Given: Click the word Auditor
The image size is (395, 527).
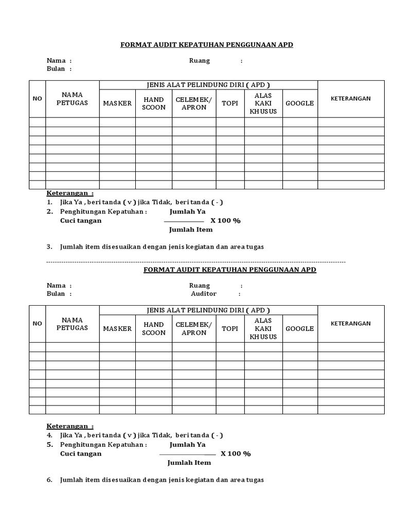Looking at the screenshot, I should coord(204,294).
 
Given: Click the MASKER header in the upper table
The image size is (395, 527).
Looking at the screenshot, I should coord(117,103).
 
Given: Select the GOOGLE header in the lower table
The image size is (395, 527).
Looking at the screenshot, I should coord(299,328).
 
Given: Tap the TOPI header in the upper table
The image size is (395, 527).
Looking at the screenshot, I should coord(230,103).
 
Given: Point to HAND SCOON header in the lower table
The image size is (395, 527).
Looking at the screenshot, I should coord(154,328).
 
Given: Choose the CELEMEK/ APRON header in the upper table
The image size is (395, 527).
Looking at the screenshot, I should coord(194,103).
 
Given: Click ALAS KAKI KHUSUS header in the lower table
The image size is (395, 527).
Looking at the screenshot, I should coord(263,328).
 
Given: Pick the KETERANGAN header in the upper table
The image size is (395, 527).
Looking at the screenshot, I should coord(350,98).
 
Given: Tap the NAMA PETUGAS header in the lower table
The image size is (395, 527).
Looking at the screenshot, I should coord(72,324).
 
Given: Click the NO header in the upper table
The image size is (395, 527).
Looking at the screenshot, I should coord(38,99).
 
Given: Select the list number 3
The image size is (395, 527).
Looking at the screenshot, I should coord(49,247).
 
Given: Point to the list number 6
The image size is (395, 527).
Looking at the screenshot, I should coord(49,480).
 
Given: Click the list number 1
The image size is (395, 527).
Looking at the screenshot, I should coord(49,202).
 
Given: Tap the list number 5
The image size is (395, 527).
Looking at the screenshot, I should coord(49,444).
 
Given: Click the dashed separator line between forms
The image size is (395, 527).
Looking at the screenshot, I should coord(195,262).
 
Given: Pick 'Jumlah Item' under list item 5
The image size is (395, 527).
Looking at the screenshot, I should coord(189,463).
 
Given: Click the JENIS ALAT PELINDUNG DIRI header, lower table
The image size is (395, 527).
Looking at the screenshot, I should coord(208,310).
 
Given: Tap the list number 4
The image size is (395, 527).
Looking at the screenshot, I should coord(49,435).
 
